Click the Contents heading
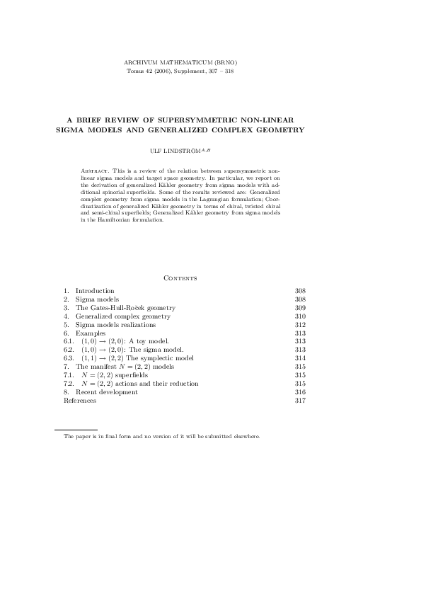pos(180,278)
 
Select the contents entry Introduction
pos(95,291)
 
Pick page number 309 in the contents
pos(299,308)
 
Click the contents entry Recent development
pos(106,392)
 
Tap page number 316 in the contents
pos(299,392)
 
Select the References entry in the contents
pos(80,401)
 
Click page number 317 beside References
pos(299,401)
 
